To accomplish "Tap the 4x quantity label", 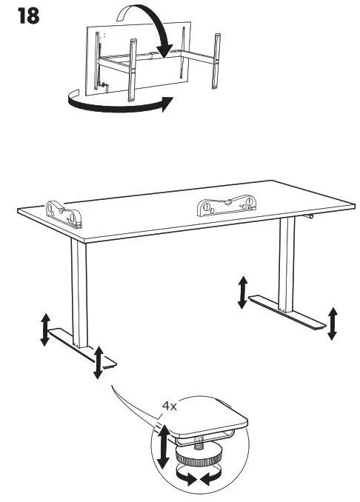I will coord(170,406).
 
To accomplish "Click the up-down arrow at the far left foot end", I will coord(45,329).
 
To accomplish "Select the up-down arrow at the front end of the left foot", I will coord(98,361).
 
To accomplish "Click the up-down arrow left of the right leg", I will coord(242,292).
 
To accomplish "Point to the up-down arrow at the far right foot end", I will coord(333,323).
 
